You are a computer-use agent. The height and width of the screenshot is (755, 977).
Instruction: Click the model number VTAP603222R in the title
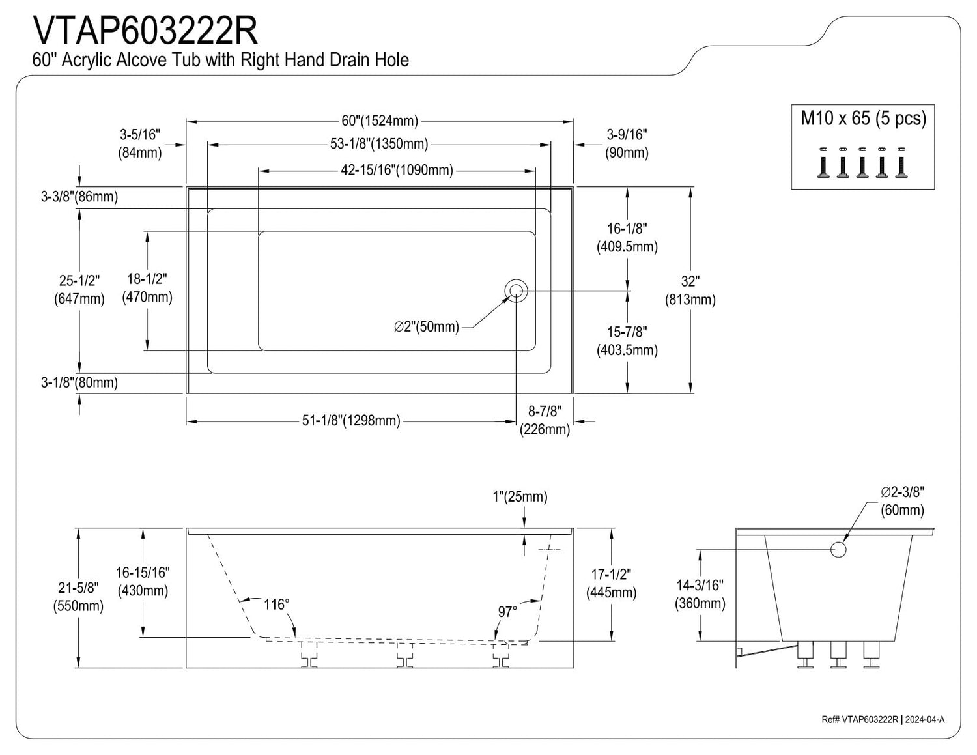coord(145,30)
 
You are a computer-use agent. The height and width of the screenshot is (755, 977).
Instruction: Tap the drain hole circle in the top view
coord(516,291)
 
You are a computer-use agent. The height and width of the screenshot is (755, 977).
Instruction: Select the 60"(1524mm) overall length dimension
coord(380,121)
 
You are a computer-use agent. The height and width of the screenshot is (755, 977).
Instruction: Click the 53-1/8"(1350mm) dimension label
coord(379,144)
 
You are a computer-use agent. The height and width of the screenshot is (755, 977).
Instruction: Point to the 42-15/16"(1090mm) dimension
coord(397,171)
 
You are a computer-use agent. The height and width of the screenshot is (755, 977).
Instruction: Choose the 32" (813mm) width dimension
coord(690,291)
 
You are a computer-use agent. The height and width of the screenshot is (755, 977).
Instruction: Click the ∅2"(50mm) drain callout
coord(427,327)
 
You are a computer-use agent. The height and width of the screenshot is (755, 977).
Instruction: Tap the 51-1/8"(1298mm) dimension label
coord(351,421)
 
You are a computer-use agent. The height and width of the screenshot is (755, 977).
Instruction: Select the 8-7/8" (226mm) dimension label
coord(545,421)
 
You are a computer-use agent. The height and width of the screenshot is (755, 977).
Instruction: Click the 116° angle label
coord(276,605)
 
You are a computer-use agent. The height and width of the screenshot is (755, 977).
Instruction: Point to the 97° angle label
coord(507,612)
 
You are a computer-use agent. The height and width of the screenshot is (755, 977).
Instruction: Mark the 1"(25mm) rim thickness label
coord(520,497)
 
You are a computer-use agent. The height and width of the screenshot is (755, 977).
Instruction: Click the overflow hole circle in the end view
coord(838,549)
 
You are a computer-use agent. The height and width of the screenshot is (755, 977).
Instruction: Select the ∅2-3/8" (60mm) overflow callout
coord(902,501)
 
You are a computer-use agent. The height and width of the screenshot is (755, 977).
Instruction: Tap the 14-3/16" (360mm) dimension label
coord(700,594)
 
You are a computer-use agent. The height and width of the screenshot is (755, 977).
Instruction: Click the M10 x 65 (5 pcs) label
coord(863,119)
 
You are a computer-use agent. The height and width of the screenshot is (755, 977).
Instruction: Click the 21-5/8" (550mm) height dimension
coord(78,597)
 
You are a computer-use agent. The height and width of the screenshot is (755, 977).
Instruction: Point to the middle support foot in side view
coord(406,654)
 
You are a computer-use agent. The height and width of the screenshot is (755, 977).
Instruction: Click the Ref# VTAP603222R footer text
coord(860,720)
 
